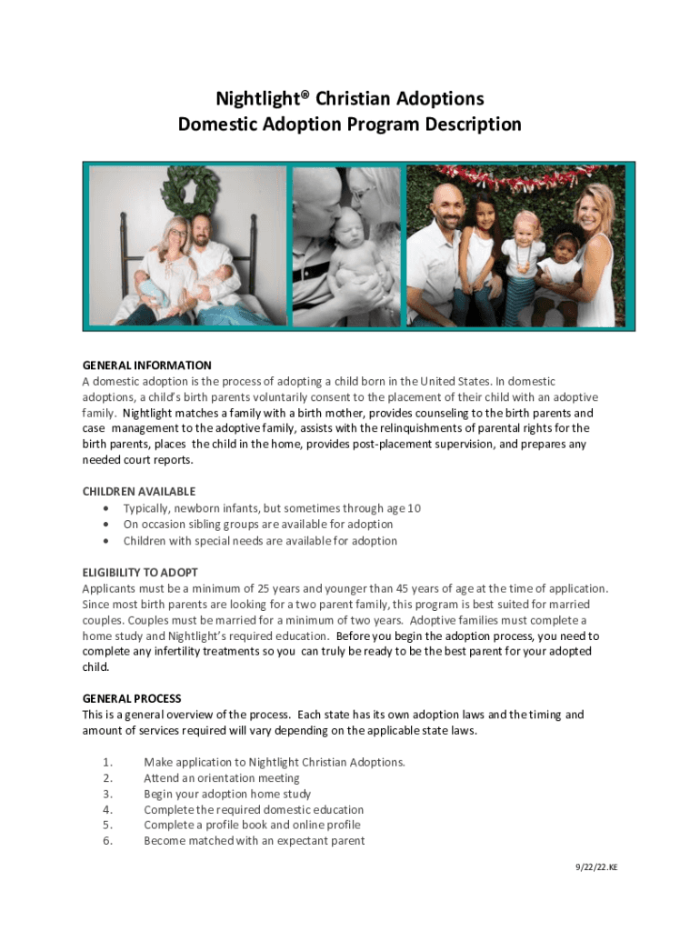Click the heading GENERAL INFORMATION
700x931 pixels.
(x=146, y=365)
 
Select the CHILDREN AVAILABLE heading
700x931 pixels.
(x=139, y=492)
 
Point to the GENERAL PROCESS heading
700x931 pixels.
(x=132, y=699)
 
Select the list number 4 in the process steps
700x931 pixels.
(x=107, y=810)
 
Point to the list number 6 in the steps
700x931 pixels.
(x=107, y=841)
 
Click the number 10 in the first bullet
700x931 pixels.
(x=414, y=508)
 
